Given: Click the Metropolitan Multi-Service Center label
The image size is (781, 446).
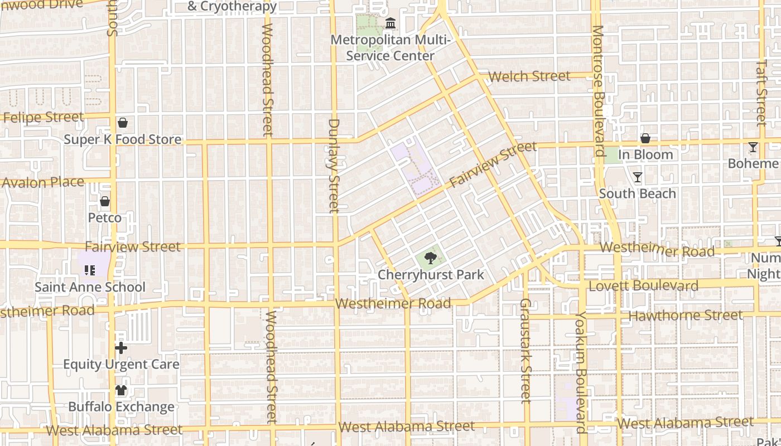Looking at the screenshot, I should point(390,48).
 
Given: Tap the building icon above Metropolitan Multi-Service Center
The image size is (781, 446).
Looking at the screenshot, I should point(390,23).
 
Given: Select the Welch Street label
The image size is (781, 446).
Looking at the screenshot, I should point(529,76).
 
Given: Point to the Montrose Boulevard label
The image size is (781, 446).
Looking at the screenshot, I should point(598,90).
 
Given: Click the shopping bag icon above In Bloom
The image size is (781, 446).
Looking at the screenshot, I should point(645,138).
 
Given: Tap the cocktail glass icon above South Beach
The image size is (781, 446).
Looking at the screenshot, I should point(638,177).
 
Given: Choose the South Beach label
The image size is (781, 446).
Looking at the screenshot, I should point(638,193).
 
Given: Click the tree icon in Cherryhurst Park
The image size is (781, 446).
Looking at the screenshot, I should point(430,258).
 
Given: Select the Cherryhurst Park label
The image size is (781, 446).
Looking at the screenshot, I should point(431,275).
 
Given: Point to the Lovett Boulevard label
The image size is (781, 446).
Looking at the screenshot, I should point(643,286).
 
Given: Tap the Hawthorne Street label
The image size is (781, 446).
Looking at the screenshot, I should point(686,316).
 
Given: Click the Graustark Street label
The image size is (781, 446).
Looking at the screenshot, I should point(526,350).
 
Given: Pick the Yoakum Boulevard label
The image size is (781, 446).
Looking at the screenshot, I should point(581,372).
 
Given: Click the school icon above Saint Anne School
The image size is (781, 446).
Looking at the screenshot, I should point(90,270).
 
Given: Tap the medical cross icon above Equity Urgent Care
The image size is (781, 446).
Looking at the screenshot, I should point(121,348).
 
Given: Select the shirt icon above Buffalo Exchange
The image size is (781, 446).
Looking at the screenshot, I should point(121,390).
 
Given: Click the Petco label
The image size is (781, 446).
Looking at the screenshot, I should point(105,217).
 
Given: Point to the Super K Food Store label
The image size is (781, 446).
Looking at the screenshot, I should point(123,139).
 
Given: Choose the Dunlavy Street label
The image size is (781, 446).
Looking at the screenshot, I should point(334,166).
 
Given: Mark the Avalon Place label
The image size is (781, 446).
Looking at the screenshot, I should point(43,182).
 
